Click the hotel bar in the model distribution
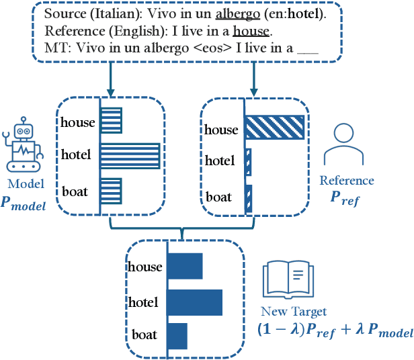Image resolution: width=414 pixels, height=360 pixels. pyautogui.click(x=130, y=155)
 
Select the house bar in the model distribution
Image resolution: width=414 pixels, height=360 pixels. pyautogui.click(x=111, y=120)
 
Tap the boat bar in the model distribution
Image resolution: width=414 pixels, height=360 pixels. pyautogui.click(x=111, y=191)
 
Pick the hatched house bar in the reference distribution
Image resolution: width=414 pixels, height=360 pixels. pyautogui.click(x=275, y=126)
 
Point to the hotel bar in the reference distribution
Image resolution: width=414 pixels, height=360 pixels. pyautogui.click(x=248, y=162)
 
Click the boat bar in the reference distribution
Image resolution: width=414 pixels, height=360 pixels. pyautogui.click(x=248, y=197)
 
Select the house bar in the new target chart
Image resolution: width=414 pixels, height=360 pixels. pyautogui.click(x=184, y=266)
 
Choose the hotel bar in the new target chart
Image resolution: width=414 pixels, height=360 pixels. pyautogui.click(x=194, y=302)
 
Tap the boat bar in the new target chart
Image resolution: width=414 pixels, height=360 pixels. pyautogui.click(x=177, y=334)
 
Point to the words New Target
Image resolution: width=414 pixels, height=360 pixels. pyautogui.click(x=295, y=311)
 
